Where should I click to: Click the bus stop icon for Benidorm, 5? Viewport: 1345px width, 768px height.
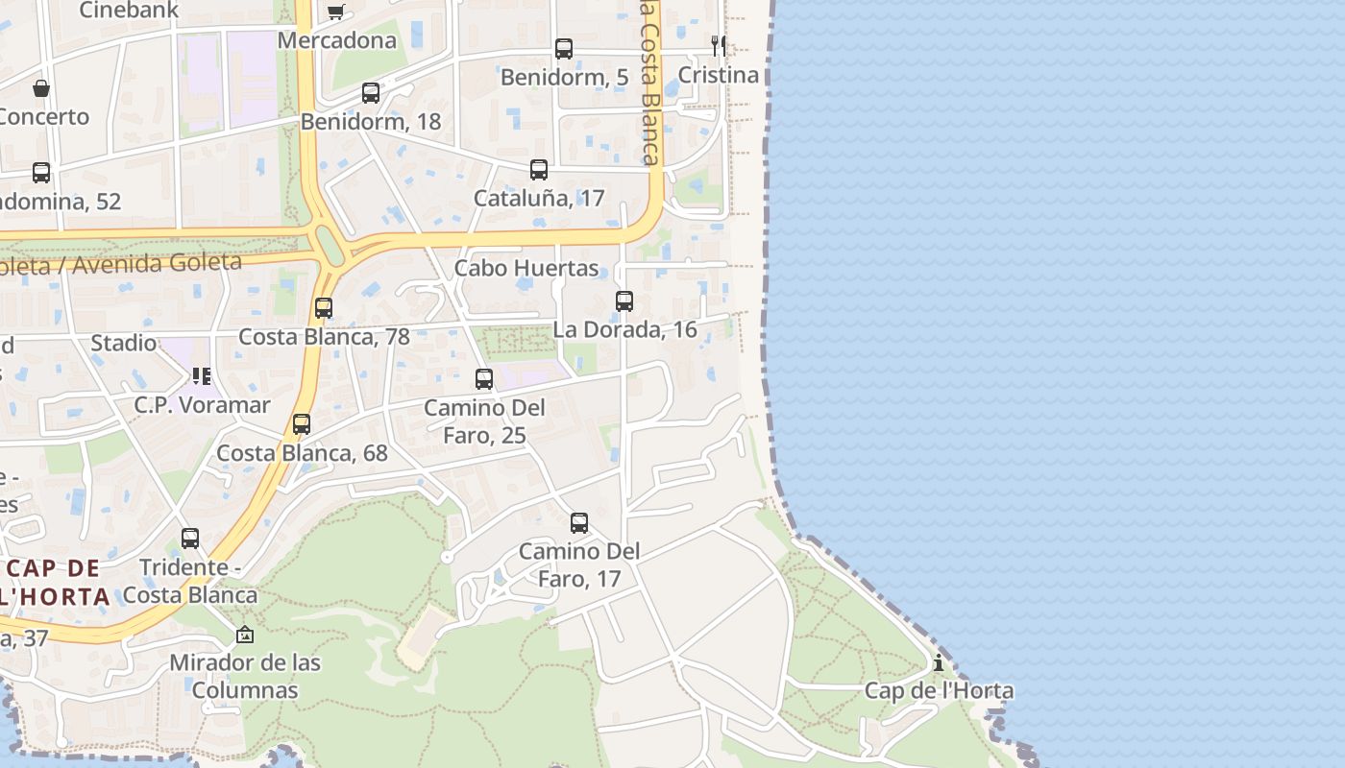click(564, 49)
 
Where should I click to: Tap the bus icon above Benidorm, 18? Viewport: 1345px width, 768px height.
click(371, 93)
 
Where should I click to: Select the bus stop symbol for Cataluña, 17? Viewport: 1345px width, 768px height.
click(539, 170)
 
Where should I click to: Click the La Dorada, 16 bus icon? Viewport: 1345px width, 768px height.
click(624, 301)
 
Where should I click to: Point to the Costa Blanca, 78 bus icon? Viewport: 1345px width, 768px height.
click(324, 308)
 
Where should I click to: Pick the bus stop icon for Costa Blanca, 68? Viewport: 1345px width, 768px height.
click(302, 424)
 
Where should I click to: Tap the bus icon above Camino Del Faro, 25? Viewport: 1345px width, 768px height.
click(484, 379)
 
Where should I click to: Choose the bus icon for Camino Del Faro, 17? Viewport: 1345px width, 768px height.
click(579, 523)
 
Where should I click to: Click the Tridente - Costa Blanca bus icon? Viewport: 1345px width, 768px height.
click(190, 539)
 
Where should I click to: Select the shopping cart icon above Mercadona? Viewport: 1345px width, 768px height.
click(335, 12)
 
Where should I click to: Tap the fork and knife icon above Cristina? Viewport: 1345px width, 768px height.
click(718, 45)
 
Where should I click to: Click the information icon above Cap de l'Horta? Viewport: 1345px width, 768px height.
click(939, 662)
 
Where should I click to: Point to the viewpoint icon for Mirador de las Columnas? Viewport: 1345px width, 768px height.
click(245, 635)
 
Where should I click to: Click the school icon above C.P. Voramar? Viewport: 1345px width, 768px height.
click(201, 375)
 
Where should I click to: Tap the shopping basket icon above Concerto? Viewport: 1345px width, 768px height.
click(41, 88)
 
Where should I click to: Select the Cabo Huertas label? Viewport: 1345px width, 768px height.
click(526, 268)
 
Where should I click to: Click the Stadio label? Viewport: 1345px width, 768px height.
click(123, 343)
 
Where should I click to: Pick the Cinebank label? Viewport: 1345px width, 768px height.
click(128, 11)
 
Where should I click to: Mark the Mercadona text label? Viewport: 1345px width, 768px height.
click(337, 40)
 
